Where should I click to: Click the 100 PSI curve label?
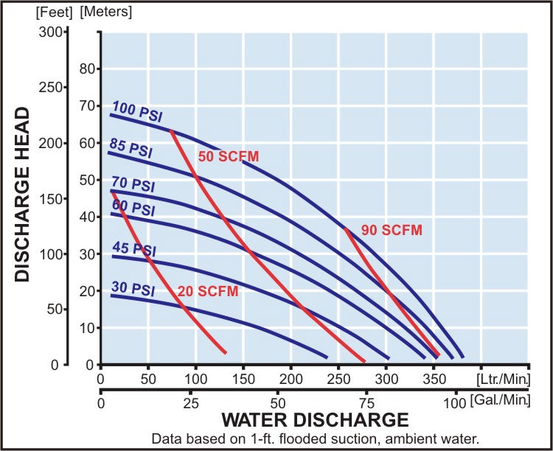(137, 111)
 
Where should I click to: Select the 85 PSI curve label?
(131, 147)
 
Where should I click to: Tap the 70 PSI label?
(133, 184)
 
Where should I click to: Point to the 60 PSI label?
(133, 207)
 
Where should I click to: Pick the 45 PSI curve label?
(134, 249)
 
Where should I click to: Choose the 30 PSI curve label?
(133, 289)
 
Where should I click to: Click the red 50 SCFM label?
(229, 156)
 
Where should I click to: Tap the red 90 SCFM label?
(392, 230)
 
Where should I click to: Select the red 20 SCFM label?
(208, 292)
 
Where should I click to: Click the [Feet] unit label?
(54, 13)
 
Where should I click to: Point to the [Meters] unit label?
(106, 12)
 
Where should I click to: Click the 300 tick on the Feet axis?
(50, 32)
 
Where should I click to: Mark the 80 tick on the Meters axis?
(88, 69)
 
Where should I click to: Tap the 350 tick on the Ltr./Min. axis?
(434, 380)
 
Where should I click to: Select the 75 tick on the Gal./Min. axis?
(366, 403)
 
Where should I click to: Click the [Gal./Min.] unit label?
(501, 400)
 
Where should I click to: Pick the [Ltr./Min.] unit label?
(504, 380)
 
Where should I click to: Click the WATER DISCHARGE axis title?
(315, 420)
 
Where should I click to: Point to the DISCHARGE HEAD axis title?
(22, 195)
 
